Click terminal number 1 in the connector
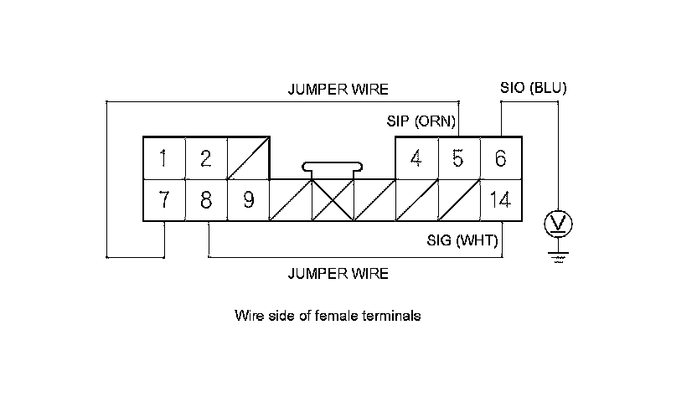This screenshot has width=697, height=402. (164, 157)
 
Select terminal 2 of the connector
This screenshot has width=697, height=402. (206, 157)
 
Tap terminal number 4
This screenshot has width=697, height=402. (416, 157)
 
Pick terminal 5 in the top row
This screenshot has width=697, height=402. (457, 157)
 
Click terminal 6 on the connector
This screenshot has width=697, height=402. (501, 157)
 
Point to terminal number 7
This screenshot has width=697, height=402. (164, 200)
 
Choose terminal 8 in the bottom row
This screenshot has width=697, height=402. (206, 200)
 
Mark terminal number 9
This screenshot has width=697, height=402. (248, 200)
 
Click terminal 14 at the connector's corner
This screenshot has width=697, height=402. (501, 200)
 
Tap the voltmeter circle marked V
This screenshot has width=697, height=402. (558, 224)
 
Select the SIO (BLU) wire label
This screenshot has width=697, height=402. (533, 87)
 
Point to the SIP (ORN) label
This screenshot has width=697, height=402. (421, 122)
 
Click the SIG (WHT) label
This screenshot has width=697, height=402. (463, 242)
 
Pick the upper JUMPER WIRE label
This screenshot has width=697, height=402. (338, 90)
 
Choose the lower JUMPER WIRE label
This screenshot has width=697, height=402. (338, 274)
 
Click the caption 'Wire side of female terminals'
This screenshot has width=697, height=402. (328, 317)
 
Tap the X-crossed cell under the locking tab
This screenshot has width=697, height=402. (333, 200)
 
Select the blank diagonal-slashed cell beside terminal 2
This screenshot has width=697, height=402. (248, 157)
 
